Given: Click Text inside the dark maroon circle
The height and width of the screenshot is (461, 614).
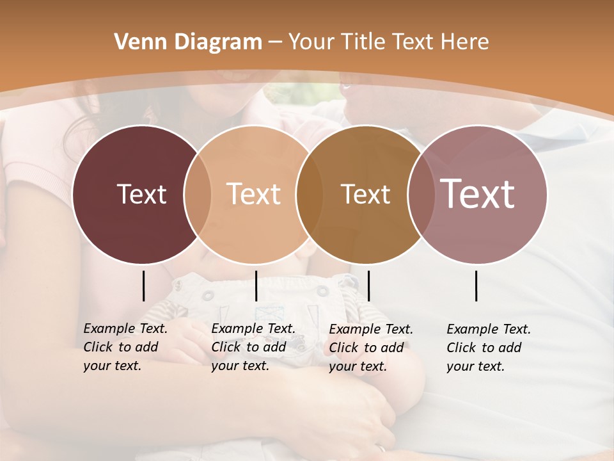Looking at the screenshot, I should pyautogui.click(x=141, y=194).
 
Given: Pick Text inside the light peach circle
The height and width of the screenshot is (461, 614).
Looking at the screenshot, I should pyautogui.click(x=254, y=194).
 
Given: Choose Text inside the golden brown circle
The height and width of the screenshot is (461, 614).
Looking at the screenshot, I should pyautogui.click(x=365, y=194).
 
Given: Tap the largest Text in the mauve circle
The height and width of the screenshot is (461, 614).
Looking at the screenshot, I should pyautogui.click(x=478, y=194).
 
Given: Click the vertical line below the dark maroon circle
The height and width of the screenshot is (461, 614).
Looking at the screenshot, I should pyautogui.click(x=143, y=286).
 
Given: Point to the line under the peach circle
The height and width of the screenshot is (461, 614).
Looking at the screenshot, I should pyautogui.click(x=256, y=286).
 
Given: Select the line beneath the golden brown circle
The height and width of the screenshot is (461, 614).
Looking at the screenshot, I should pyautogui.click(x=369, y=286).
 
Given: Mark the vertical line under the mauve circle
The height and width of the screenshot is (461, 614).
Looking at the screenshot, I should pyautogui.click(x=476, y=286).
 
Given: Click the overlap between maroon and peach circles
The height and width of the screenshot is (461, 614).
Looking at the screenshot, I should pyautogui.click(x=198, y=194).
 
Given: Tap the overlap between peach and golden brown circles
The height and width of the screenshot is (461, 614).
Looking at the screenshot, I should pyautogui.click(x=310, y=194).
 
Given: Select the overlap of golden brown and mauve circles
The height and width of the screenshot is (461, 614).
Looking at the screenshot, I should pyautogui.click(x=420, y=194).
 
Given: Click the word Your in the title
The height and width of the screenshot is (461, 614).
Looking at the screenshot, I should pyautogui.click(x=311, y=42).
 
